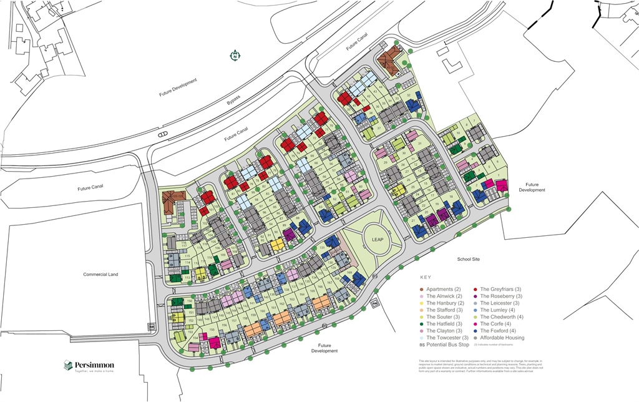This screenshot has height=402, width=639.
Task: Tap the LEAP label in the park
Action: click(378, 240)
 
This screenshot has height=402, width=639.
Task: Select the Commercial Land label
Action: click(100, 274)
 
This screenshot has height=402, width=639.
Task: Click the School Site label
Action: click(471, 258)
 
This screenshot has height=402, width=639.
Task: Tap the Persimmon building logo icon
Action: click(68, 365)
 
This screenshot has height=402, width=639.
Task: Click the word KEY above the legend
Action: click(425, 277)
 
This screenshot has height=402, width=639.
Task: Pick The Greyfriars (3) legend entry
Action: click(501, 290)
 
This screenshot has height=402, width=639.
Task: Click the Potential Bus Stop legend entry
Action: click(444, 345)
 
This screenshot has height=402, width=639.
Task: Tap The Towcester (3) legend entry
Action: click(447, 338)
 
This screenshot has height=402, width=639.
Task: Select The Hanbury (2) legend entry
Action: click(444, 303)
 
